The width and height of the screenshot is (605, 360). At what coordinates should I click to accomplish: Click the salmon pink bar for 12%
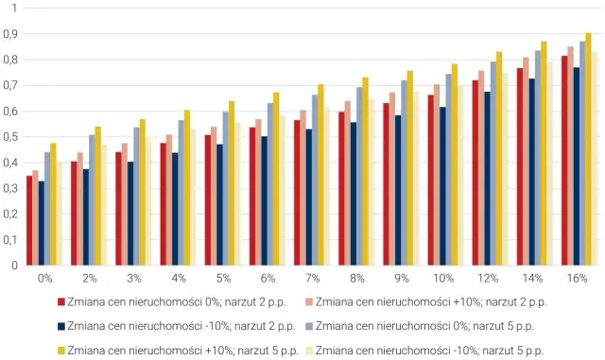(x=482, y=168)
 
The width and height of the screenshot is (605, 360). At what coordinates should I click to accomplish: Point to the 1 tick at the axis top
(x=13, y=9)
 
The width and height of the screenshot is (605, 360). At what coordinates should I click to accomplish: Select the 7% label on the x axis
(x=313, y=280)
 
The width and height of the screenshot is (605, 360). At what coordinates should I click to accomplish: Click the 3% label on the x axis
(x=134, y=280)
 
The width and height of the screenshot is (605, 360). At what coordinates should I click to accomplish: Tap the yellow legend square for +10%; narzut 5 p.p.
(x=61, y=351)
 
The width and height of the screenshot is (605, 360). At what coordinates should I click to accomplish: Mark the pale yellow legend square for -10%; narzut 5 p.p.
(x=307, y=351)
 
